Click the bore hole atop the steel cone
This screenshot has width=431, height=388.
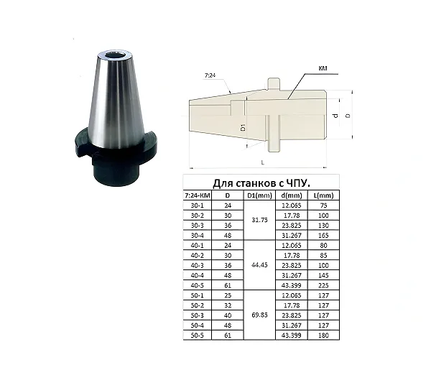(x=115, y=55)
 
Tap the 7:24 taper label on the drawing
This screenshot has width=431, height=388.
(x=210, y=75)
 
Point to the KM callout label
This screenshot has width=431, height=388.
(x=323, y=68)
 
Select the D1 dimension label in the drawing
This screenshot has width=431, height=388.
(x=243, y=127)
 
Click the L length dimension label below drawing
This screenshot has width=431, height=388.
(x=262, y=162)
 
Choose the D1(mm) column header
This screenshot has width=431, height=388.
(x=260, y=195)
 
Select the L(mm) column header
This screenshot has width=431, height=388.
(x=323, y=195)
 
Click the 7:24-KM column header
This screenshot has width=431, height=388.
(x=198, y=195)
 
